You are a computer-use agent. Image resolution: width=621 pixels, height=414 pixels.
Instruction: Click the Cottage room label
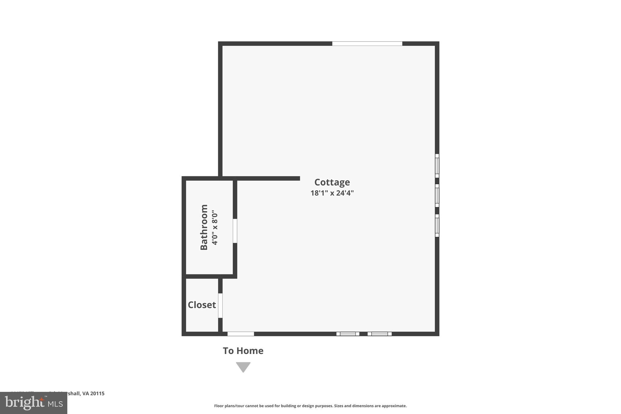pos(332,182)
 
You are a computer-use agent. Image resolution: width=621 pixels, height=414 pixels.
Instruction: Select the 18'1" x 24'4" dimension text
pos(332,193)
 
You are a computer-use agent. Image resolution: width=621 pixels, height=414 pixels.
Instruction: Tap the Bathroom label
pos(204,227)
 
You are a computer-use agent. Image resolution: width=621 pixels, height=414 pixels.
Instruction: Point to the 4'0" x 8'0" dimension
pos(215,227)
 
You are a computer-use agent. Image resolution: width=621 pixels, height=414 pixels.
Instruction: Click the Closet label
pos(202,305)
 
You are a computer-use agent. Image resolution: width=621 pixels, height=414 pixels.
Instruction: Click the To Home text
pos(243,351)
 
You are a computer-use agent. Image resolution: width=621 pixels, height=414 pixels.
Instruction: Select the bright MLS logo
pos(34,403)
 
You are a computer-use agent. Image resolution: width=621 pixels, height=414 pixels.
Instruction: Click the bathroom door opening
pos(235,231)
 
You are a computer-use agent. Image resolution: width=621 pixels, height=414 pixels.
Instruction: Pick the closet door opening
pos(220,305)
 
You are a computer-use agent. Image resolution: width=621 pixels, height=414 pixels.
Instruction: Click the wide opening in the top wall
pos(367,44)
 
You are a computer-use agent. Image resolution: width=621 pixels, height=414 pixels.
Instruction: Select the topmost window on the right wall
pos(437,166)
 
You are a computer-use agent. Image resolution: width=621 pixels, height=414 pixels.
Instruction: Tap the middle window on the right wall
pos(437,196)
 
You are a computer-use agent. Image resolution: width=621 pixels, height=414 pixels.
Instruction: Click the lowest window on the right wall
pos(437,226)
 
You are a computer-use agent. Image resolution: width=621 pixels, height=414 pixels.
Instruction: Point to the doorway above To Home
pos(241,334)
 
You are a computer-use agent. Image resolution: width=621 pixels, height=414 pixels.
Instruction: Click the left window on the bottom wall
pos(348,334)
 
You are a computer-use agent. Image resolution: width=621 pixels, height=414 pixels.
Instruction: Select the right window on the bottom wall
pos(380,334)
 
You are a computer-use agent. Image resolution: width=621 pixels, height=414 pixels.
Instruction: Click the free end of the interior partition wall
pos(299,178)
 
